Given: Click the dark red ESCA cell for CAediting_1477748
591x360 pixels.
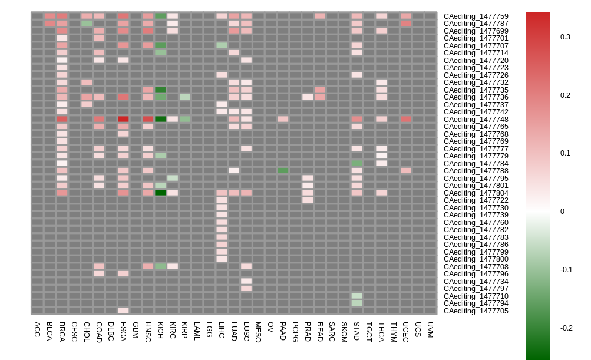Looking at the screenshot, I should (123, 119).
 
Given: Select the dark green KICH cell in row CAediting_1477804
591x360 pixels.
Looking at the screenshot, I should (160, 193).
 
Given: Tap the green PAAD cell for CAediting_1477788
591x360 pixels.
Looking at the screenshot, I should (283, 170).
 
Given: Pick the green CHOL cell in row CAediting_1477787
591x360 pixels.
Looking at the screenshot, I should (87, 23).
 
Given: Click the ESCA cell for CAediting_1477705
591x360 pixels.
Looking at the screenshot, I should (123, 311).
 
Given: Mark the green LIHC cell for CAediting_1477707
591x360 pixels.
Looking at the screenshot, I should (222, 45).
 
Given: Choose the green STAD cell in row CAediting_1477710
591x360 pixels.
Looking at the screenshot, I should (357, 296).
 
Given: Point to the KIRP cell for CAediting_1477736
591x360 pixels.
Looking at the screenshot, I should (185, 97).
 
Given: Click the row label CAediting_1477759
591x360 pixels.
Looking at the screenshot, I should (476, 16).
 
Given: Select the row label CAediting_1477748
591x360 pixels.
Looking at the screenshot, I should (476, 120).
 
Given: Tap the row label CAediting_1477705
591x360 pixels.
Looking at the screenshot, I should (476, 311).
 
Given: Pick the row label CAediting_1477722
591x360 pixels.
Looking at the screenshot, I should (476, 200).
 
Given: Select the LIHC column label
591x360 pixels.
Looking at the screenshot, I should (222, 329).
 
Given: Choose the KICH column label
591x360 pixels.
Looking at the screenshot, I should (160, 329).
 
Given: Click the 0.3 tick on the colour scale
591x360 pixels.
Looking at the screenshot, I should (565, 37).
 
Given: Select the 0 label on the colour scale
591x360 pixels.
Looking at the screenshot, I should (562, 212).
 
